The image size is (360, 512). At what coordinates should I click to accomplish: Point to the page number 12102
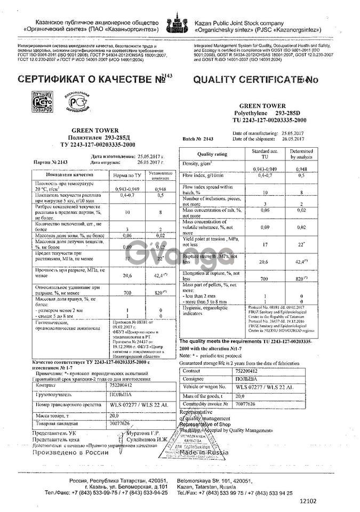pos(308,501)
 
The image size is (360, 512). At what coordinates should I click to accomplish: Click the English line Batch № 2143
pos(198,139)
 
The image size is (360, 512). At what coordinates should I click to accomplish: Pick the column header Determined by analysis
pos(301,155)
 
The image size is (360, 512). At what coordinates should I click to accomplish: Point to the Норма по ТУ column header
pos(123,175)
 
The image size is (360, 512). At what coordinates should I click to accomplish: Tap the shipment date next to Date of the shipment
pos(293,139)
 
